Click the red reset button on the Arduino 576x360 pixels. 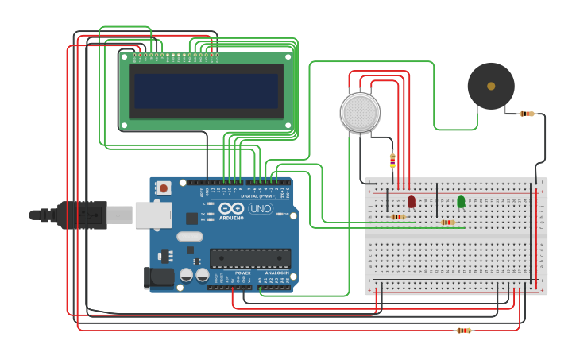(x=164, y=188)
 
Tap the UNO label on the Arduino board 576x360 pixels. (x=261, y=209)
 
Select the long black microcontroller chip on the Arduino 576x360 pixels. (x=249, y=258)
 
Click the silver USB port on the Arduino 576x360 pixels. (x=153, y=215)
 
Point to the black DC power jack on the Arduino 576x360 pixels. (x=157, y=277)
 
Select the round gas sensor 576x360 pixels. (x=360, y=112)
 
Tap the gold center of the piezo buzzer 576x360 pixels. (x=491, y=86)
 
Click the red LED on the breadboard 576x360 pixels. (x=411, y=202)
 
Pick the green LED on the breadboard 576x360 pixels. (x=461, y=202)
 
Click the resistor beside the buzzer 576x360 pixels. (x=527, y=114)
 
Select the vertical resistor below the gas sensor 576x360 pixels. (x=392, y=161)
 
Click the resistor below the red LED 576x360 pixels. (x=398, y=217)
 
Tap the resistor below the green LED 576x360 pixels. (x=448, y=223)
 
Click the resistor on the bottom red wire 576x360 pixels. (x=464, y=331)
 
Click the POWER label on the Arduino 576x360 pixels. (x=243, y=273)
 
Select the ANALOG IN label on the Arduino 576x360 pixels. (x=277, y=273)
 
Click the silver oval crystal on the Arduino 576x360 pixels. (x=190, y=236)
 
